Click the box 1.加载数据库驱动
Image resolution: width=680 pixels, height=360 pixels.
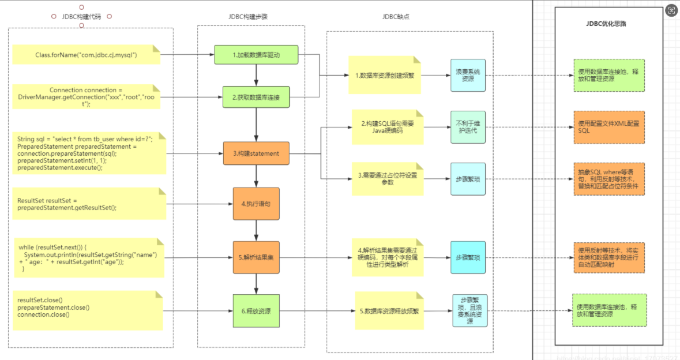[256, 55]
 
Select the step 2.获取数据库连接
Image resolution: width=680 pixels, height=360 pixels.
[256, 97]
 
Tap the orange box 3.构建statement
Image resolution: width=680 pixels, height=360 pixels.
[256, 153]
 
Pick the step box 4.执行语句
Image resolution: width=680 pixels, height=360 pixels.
[256, 204]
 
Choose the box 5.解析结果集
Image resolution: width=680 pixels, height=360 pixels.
[256, 257]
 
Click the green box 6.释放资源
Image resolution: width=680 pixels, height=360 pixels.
[256, 311]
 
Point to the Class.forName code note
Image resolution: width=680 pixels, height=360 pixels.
[86, 55]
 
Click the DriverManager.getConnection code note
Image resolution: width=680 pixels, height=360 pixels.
[86, 97]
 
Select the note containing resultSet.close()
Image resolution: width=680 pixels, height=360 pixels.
[86, 308]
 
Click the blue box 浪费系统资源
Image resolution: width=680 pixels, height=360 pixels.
[468, 75]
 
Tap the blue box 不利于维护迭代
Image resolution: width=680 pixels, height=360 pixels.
[468, 127]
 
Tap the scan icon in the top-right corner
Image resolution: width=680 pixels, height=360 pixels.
[671, 10]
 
